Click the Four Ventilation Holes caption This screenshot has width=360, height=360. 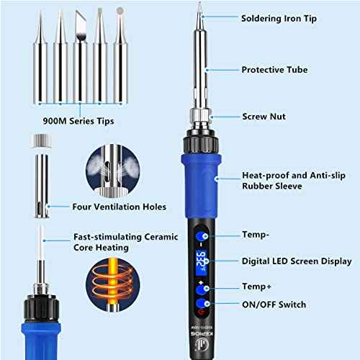click(x=120, y=207)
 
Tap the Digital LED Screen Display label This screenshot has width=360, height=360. click(x=297, y=261)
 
